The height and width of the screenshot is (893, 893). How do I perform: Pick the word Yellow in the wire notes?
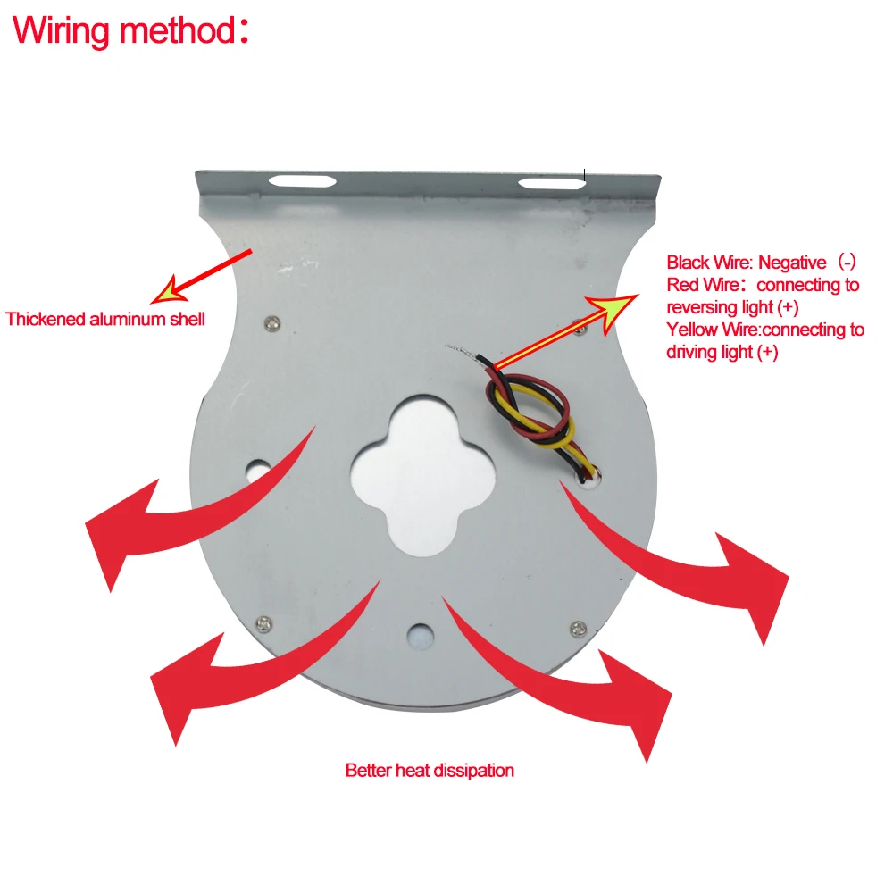(690, 330)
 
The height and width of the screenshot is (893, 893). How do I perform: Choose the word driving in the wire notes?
(690, 352)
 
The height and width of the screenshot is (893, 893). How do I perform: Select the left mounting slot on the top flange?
(305, 182)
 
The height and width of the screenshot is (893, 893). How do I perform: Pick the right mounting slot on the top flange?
(553, 183)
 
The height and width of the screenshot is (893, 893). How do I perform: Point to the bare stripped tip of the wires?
(459, 348)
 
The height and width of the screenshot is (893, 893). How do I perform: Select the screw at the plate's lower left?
(263, 622)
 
